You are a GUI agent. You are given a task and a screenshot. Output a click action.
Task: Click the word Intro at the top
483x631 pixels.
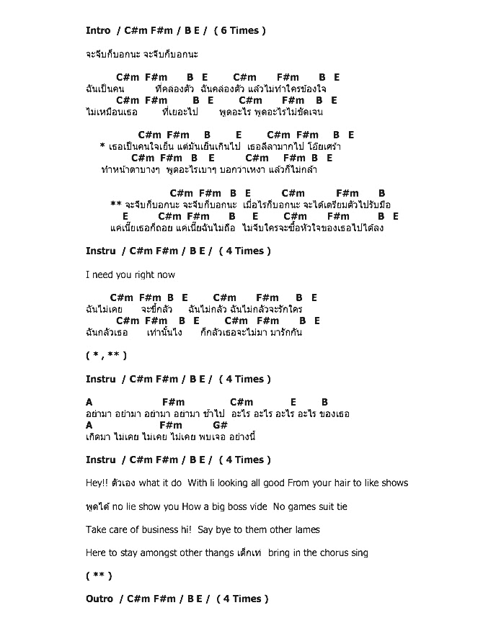[x=98, y=30]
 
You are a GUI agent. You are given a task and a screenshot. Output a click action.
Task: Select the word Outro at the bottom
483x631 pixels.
[x=99, y=599]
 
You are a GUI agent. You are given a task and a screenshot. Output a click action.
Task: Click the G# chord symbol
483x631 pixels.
[x=221, y=426]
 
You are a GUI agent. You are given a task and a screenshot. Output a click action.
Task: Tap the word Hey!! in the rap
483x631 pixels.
[x=96, y=483]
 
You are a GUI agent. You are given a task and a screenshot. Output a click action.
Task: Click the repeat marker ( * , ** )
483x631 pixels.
[x=105, y=355]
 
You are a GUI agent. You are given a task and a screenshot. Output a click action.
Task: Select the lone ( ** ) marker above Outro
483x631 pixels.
[x=99, y=576]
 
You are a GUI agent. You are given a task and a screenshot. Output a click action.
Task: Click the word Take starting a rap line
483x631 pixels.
[x=97, y=529]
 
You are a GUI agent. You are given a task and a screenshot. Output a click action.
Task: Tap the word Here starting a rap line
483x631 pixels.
[x=97, y=553]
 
